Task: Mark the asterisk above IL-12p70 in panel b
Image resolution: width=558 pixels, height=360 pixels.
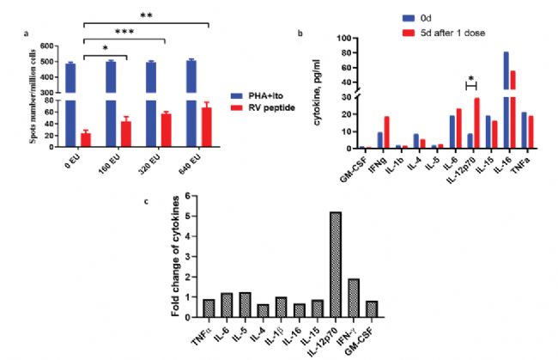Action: pyautogui.click(x=470, y=78)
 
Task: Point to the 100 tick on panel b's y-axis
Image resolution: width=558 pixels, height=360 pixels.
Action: pyautogui.click(x=348, y=39)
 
